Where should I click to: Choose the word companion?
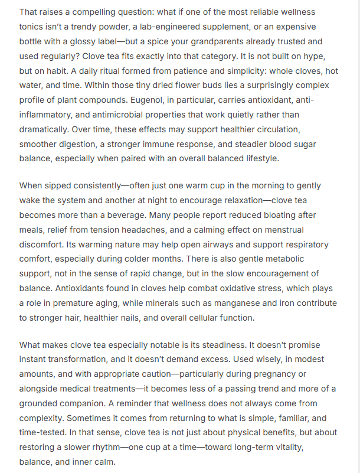91,404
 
